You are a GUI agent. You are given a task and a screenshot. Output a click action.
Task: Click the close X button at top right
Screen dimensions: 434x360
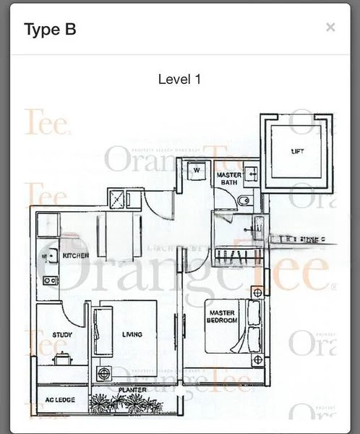(x=330, y=27)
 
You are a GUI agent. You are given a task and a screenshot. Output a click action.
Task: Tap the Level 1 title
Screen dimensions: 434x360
(x=179, y=79)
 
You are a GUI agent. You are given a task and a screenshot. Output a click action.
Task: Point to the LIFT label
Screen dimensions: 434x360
(x=297, y=151)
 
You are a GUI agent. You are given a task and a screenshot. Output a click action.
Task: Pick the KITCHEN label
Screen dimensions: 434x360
(x=76, y=255)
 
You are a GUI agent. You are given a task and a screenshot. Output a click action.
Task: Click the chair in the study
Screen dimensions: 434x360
(x=64, y=357)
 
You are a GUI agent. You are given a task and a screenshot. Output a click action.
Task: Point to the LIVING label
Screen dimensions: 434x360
(x=132, y=334)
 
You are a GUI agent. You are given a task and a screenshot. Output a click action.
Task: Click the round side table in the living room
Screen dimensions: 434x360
(x=105, y=373)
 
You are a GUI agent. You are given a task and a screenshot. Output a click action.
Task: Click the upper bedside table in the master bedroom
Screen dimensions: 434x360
(x=257, y=292)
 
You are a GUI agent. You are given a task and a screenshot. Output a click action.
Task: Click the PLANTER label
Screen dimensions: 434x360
(x=133, y=391)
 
